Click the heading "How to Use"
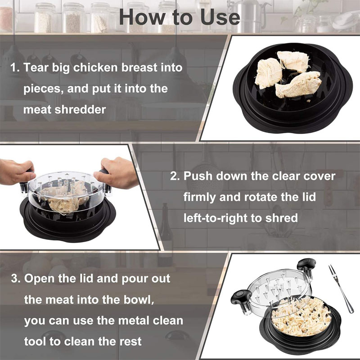180,17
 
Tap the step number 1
14,68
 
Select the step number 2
175,176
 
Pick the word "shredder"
82,109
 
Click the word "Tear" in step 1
36,68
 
